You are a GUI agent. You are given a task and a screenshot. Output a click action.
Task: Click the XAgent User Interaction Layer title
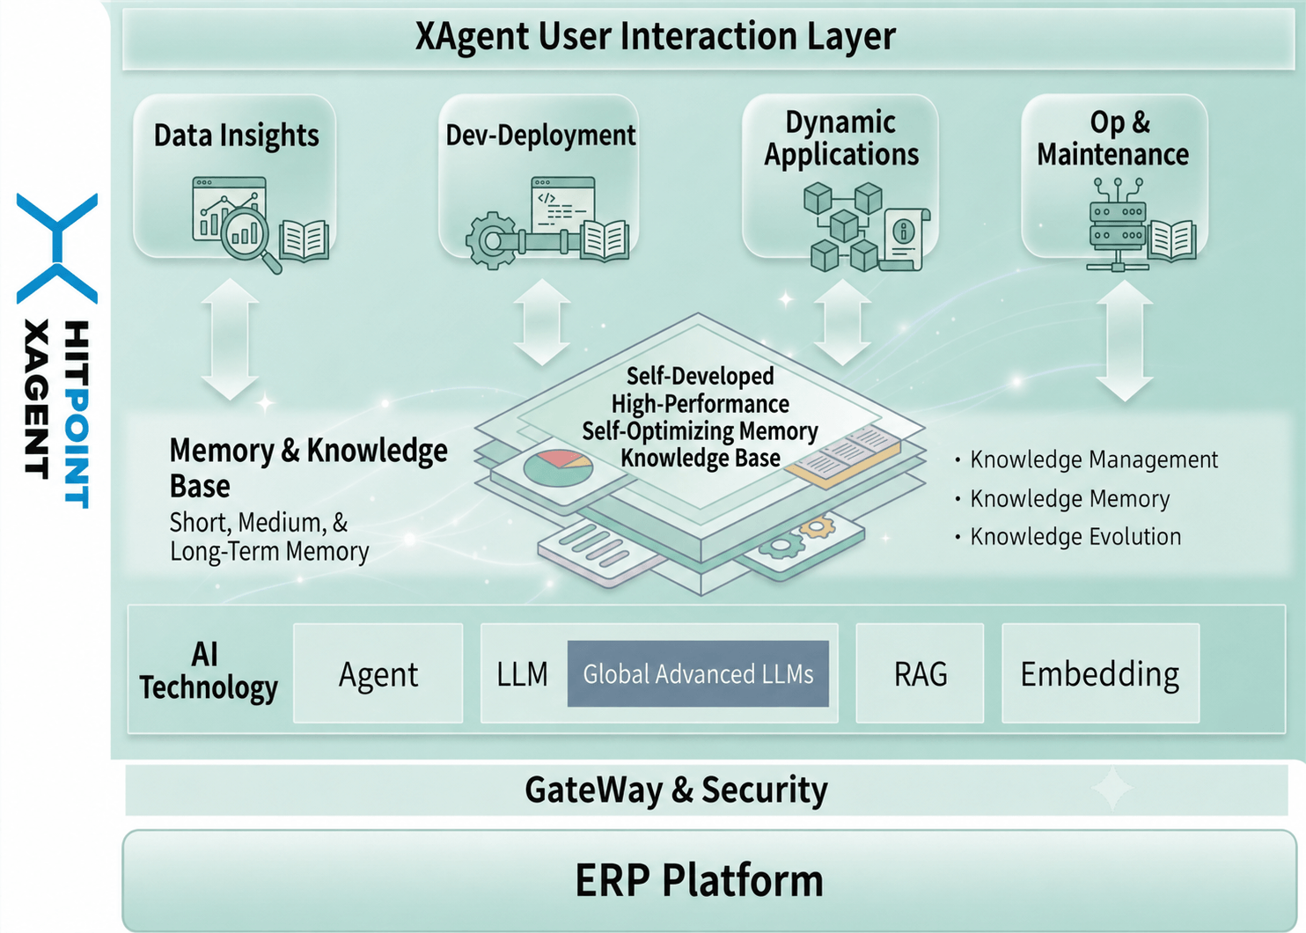pos(655,36)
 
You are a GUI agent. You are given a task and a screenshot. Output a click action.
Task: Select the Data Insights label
pos(236,136)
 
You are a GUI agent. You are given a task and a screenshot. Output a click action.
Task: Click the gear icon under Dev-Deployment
pos(491,240)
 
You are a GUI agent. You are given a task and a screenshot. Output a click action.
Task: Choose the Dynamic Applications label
pos(840,139)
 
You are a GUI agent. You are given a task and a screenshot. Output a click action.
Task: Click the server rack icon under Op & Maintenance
pos(1118,225)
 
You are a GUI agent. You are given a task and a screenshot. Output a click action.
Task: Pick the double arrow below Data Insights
pos(230,340)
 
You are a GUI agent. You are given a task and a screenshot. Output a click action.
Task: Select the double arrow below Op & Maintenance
pos(1124,342)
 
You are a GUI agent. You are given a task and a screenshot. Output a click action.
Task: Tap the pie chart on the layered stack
pos(558,467)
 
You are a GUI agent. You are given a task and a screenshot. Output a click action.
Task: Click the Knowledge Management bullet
pos(1087,460)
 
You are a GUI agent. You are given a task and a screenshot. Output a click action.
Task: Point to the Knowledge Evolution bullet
pos(1068,537)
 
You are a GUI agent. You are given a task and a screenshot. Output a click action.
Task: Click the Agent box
pos(378,673)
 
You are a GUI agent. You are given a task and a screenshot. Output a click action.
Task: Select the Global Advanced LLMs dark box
pos(698,673)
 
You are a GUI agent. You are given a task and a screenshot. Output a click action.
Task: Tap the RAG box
pos(920,673)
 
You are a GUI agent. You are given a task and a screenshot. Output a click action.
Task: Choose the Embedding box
pos(1100,673)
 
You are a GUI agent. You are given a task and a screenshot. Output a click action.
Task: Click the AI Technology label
pos(208,671)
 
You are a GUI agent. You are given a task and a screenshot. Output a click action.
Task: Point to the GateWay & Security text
pos(676,790)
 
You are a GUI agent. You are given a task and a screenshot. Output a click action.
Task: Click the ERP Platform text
pos(699,880)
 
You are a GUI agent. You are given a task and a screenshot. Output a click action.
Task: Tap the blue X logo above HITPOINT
pos(57,248)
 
